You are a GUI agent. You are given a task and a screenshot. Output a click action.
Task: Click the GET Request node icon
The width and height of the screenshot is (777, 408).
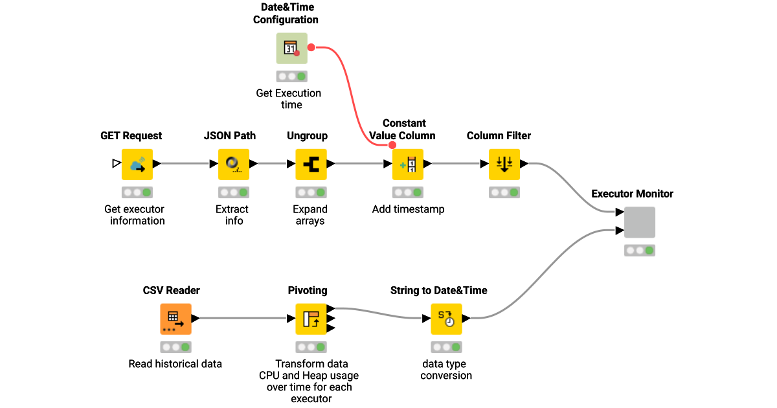[137, 164]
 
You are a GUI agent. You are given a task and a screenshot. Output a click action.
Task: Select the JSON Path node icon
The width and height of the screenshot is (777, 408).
[234, 164]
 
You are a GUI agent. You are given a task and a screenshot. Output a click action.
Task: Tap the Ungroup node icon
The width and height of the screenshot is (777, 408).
[311, 164]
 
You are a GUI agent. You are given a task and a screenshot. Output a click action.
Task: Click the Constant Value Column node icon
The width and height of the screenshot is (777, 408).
[408, 164]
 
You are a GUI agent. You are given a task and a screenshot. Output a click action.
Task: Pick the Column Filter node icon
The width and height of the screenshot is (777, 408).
[504, 164]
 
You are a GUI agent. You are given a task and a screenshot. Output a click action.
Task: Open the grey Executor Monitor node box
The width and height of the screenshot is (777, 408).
[639, 222]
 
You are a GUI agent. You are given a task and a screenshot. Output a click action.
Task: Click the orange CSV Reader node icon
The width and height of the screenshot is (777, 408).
[175, 319]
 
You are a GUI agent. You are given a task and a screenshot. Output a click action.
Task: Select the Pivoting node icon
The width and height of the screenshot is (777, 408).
[311, 319]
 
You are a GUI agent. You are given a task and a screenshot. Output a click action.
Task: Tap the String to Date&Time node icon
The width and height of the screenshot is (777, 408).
[446, 319]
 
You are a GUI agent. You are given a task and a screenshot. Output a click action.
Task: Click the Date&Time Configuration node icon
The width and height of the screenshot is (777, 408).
[291, 49]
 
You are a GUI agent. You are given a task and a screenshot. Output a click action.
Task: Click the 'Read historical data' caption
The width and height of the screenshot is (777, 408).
[175, 364]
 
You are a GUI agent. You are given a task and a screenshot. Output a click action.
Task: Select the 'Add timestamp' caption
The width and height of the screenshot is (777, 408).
[408, 209]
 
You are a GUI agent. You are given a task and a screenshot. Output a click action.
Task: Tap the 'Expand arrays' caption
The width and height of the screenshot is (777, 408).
[310, 215]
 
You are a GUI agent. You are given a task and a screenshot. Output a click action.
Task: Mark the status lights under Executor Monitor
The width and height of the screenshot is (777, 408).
[639, 251]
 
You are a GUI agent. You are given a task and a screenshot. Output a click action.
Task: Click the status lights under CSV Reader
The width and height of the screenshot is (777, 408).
[175, 347]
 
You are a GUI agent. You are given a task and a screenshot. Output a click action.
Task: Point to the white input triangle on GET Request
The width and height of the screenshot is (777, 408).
[116, 164]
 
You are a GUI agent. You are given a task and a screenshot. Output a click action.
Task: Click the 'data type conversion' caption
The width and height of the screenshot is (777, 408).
[446, 370]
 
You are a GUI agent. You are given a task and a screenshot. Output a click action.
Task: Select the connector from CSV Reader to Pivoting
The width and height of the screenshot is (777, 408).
[243, 319]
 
